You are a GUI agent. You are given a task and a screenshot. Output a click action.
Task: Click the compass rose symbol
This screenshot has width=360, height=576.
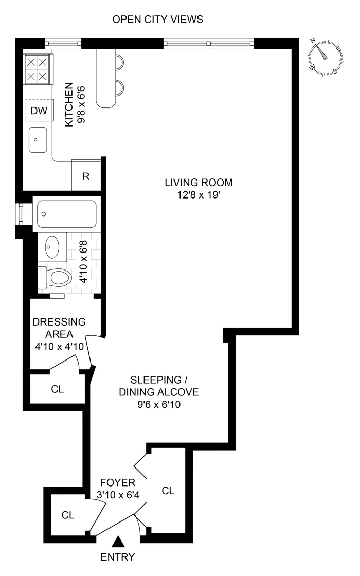point(326,57)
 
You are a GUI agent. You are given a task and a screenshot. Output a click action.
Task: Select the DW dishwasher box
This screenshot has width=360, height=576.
point(39,110)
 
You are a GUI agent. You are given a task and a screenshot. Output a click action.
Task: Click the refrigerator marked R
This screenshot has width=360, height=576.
point(86,176)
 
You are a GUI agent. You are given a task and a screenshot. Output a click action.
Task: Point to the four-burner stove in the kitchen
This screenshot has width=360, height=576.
point(38,69)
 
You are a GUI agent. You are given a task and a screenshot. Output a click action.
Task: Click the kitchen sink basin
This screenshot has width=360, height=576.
point(39,140)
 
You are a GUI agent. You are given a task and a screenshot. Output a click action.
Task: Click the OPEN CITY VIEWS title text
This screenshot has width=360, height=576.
point(158,20)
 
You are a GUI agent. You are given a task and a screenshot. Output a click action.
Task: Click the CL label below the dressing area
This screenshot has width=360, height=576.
point(58,389)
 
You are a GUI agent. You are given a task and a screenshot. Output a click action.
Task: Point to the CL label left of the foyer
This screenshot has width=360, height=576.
point(68,515)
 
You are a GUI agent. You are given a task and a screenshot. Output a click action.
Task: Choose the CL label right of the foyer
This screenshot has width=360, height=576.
point(168,491)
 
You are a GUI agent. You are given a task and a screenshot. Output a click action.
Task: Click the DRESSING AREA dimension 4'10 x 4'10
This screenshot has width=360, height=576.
point(59,347)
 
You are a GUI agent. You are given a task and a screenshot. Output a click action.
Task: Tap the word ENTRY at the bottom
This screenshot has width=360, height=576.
point(118,557)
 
